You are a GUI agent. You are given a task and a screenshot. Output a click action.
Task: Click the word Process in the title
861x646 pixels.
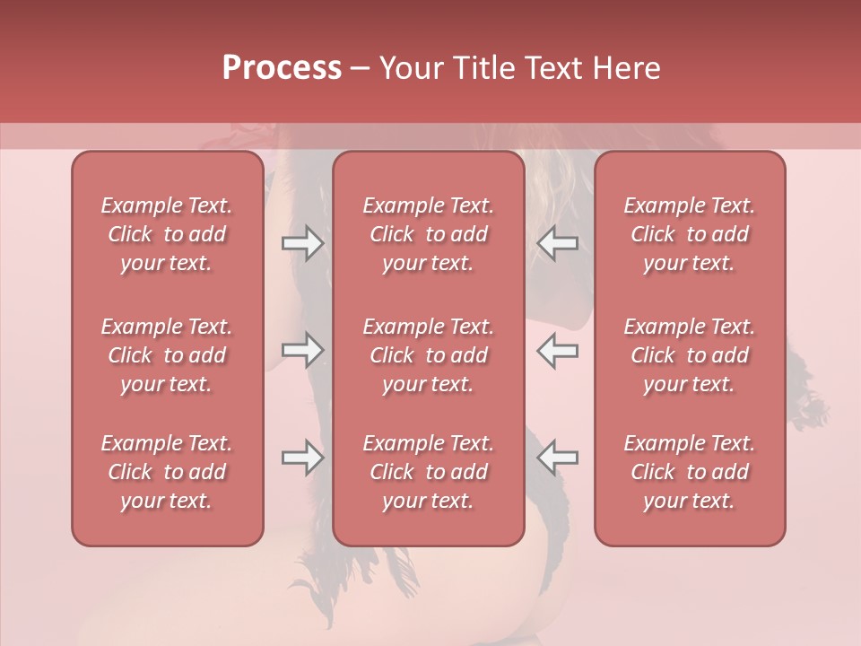282,68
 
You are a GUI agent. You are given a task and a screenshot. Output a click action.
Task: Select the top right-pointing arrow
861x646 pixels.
302,243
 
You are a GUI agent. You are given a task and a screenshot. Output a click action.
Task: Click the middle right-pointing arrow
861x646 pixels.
302,350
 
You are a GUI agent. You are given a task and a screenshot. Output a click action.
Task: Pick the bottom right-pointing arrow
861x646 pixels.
302,457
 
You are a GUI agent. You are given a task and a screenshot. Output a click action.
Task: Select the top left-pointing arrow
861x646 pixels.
558,243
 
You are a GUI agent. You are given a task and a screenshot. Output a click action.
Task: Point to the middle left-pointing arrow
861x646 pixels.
558,350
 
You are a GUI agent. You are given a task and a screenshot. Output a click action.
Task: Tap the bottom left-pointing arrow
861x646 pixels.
558,457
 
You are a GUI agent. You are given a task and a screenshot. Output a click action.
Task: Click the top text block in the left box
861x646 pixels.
167,234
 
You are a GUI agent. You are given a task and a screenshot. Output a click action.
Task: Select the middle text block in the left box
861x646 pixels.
167,355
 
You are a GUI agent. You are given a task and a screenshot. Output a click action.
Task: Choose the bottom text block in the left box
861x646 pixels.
167,472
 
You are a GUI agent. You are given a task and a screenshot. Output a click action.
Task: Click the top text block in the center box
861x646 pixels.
429,234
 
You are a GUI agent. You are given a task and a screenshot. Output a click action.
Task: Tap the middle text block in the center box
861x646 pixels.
429,355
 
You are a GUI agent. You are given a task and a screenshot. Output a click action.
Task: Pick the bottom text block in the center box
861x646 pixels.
429,472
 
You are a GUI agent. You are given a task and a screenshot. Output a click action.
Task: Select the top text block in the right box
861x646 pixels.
690,234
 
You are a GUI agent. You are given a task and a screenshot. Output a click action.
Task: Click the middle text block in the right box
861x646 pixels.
690,355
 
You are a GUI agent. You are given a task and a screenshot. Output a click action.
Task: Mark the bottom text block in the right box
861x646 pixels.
690,472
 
